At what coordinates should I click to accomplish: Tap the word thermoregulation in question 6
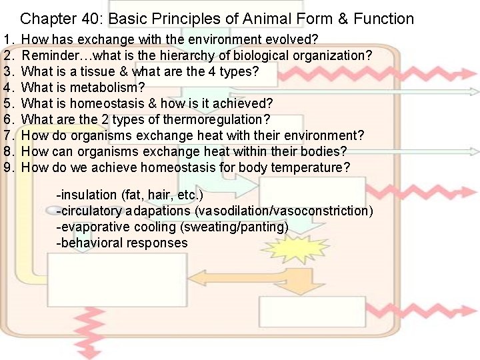(212, 119)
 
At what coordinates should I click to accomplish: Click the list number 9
(8, 167)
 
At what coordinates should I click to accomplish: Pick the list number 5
(8, 103)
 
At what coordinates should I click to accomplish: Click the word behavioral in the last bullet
(90, 243)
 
